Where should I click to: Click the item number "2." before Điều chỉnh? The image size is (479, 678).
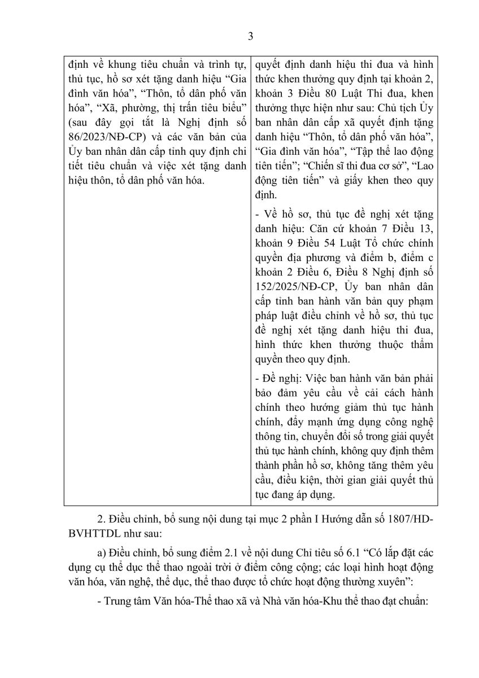[101, 515]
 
